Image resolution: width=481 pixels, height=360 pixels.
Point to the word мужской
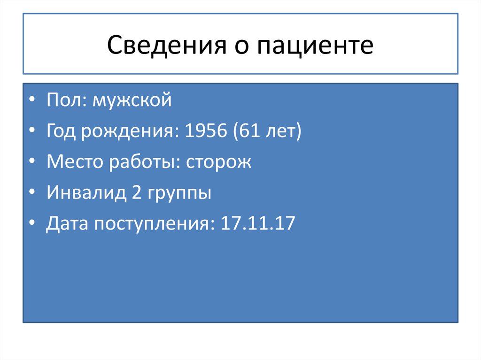132,101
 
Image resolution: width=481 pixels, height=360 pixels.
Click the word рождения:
130,132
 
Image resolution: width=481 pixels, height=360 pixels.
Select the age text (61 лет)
265,131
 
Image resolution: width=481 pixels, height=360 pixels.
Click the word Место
75,162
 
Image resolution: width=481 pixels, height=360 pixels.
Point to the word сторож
218,162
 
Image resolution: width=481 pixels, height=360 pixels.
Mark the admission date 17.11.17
258,224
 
